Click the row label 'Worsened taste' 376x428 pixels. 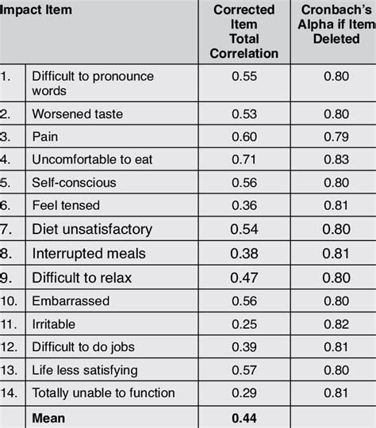tap(77, 114)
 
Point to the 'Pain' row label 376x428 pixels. tap(44, 136)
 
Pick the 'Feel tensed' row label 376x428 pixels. tap(66, 205)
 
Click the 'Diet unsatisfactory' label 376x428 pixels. tap(91, 229)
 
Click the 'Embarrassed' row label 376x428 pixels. tap(71, 301)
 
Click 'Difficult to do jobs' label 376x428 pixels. tap(82, 347)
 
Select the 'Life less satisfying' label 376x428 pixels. tap(84, 370)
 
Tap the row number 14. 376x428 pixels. tap(10, 392)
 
